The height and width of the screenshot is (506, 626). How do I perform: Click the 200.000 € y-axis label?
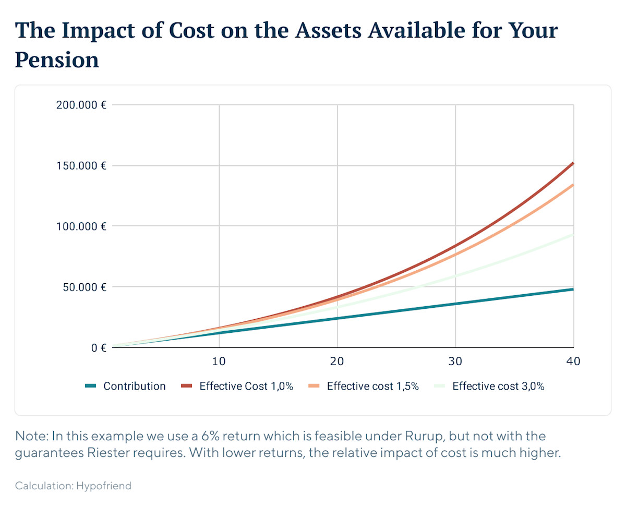81,105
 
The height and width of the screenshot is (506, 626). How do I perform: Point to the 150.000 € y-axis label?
81,166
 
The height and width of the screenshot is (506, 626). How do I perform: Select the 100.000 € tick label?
81,226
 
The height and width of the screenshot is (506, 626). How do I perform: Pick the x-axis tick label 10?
219,362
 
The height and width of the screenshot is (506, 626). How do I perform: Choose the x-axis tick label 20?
338,362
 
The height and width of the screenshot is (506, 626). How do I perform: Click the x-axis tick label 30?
456,362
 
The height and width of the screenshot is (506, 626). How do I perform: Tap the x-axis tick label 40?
573,362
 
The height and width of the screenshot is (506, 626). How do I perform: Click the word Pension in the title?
57,59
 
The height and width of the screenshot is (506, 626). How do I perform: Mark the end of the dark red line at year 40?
573,163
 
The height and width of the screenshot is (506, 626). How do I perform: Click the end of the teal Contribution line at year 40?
573,289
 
